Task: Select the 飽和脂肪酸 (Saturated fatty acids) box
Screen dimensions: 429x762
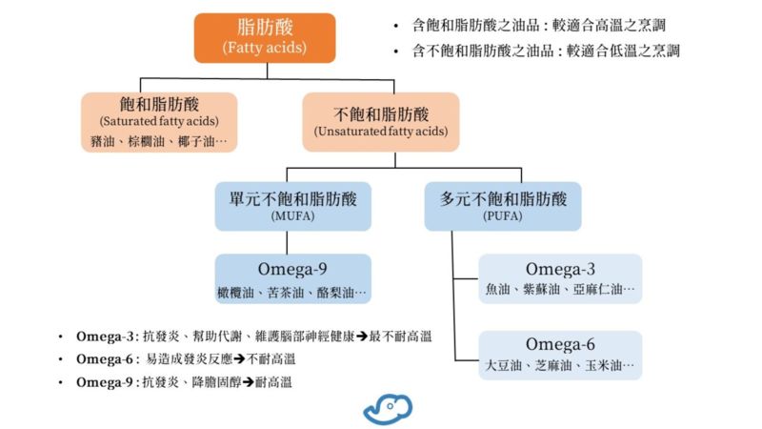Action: point(158,121)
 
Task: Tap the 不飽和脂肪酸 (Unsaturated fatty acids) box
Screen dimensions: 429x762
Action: point(380,121)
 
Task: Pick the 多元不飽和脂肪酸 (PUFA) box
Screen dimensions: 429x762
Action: point(503,206)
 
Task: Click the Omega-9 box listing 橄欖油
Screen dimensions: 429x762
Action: point(292,278)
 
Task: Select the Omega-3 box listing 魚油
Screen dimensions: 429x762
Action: point(560,278)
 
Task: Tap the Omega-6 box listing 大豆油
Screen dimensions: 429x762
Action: point(560,355)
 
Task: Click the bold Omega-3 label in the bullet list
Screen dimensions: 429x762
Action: point(110,337)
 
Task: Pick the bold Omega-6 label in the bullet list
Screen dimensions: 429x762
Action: point(110,359)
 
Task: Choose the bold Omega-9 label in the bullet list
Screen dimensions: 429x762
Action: point(110,382)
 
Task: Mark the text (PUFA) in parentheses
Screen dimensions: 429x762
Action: point(503,217)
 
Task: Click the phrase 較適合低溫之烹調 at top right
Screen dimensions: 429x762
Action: point(619,51)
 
